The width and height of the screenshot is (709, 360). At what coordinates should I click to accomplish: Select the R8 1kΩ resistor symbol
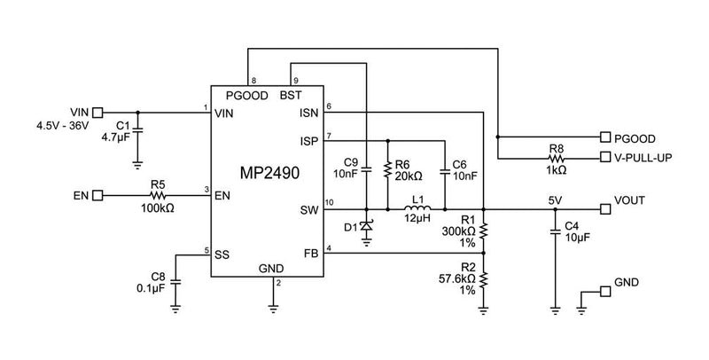click(x=557, y=159)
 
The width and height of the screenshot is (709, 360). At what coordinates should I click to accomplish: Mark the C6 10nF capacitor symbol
click(x=444, y=175)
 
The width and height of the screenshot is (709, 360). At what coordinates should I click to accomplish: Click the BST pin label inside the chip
click(x=291, y=95)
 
